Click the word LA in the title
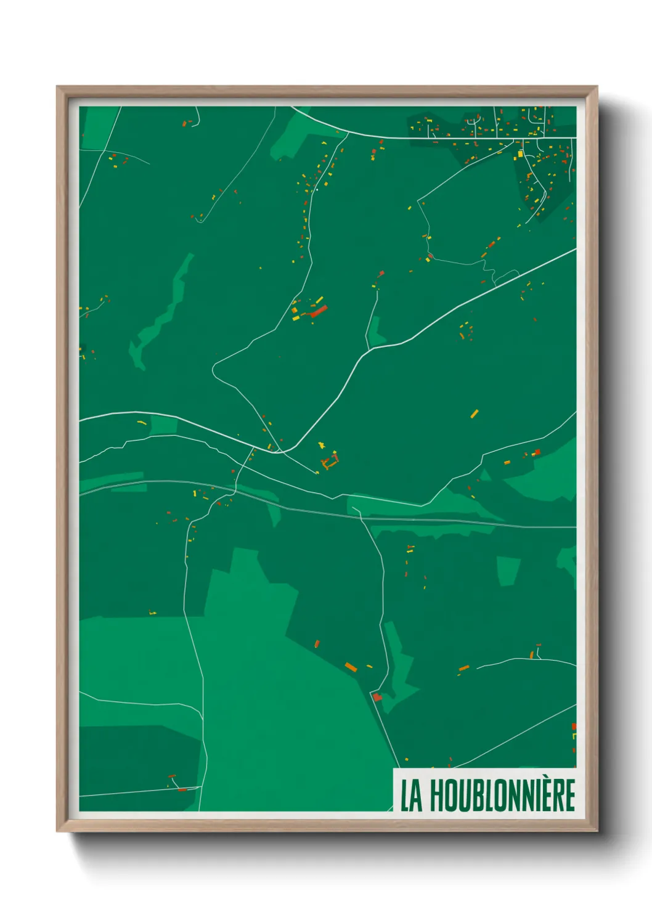(412, 796)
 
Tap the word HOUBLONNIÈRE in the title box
(502, 796)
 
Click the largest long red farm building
(319, 311)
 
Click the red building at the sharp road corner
(377, 697)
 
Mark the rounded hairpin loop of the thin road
(214, 370)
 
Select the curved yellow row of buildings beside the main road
(141, 422)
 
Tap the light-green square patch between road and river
(163, 425)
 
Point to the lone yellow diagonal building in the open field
(474, 413)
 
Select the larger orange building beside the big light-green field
(351, 667)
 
